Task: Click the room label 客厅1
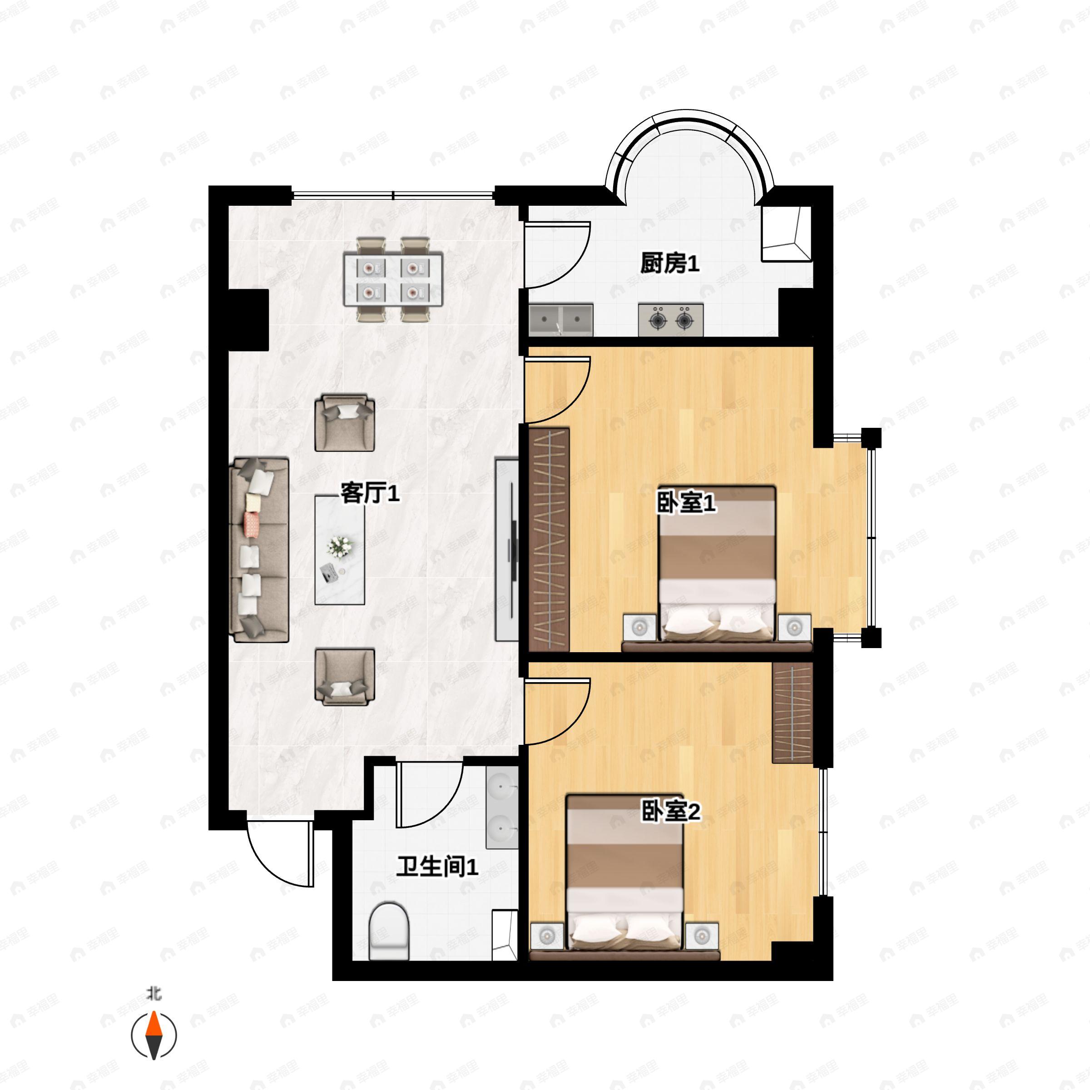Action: click(x=370, y=494)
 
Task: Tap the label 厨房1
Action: click(x=670, y=263)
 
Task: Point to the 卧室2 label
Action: click(x=671, y=811)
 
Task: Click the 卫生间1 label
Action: click(x=437, y=867)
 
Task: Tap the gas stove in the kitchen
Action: click(x=671, y=320)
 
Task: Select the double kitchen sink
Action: click(x=561, y=320)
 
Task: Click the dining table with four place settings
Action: click(x=393, y=280)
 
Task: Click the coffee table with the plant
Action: click(x=339, y=550)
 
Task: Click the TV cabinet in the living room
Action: click(x=507, y=549)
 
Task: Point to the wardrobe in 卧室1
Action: click(x=550, y=539)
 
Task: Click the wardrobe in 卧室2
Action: click(x=793, y=713)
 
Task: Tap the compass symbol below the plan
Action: click(x=154, y=1035)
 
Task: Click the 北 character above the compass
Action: click(x=154, y=994)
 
